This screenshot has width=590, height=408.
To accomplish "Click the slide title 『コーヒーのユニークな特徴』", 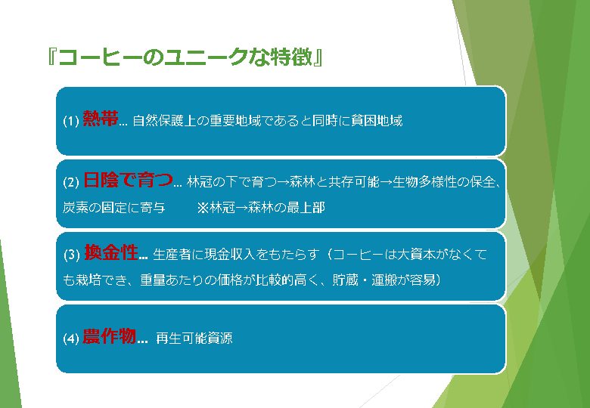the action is (x=185, y=57).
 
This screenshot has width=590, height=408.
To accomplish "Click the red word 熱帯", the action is (x=101, y=119).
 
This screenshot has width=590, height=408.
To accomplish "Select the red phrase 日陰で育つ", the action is (x=128, y=180).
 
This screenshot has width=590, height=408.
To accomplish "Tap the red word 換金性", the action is (x=111, y=252).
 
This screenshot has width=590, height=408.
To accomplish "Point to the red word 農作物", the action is (x=109, y=337).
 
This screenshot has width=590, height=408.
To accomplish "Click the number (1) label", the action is (x=71, y=121).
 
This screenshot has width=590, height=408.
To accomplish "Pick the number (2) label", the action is (x=71, y=183).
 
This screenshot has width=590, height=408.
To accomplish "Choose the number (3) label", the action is (x=72, y=255).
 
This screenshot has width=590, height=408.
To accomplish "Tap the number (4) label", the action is (x=71, y=339).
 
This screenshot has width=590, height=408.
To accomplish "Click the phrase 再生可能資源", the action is (x=194, y=338).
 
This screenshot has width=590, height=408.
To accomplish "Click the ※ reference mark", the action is (x=203, y=208).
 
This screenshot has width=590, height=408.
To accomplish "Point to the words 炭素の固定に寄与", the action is (x=113, y=208).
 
